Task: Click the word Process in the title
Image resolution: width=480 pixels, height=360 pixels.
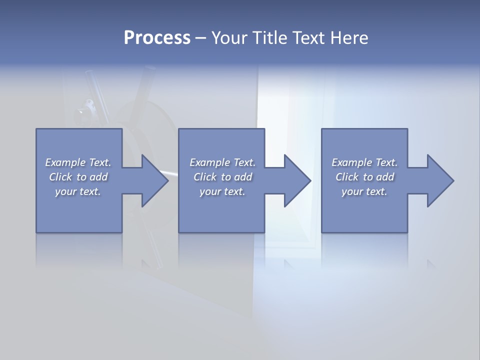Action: tap(157, 38)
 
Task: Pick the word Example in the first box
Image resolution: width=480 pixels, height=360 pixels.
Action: tap(65, 162)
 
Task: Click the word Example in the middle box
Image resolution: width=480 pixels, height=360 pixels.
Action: tap(209, 162)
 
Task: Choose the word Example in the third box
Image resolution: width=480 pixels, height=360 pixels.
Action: tap(351, 162)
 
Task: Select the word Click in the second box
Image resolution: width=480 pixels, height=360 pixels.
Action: tap(205, 177)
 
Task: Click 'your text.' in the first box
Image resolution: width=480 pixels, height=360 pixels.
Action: tap(78, 191)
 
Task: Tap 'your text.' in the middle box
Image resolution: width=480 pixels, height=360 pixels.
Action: tap(222, 191)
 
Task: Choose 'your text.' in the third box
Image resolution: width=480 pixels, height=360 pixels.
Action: tap(364, 191)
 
